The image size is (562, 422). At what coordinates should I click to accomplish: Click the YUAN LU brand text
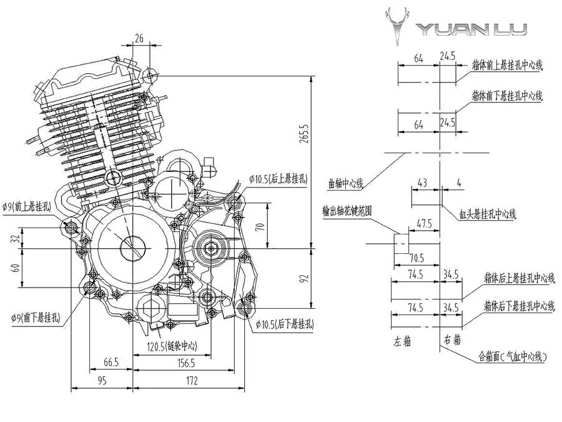pyautogui.click(x=472, y=29)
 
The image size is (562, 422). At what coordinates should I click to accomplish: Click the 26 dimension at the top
pyautogui.click(x=139, y=39)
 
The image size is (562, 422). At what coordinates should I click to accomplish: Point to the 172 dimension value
pyautogui.click(x=191, y=379)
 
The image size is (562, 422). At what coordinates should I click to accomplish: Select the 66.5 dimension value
pyautogui.click(x=111, y=363)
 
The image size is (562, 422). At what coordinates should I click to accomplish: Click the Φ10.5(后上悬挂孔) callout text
pyautogui.click(x=278, y=179)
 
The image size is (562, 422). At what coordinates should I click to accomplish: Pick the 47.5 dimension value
pyautogui.click(x=425, y=223)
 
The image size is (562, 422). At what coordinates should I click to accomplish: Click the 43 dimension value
pyautogui.click(x=423, y=183)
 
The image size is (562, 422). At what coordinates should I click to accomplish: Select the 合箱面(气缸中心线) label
pyautogui.click(x=513, y=357)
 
